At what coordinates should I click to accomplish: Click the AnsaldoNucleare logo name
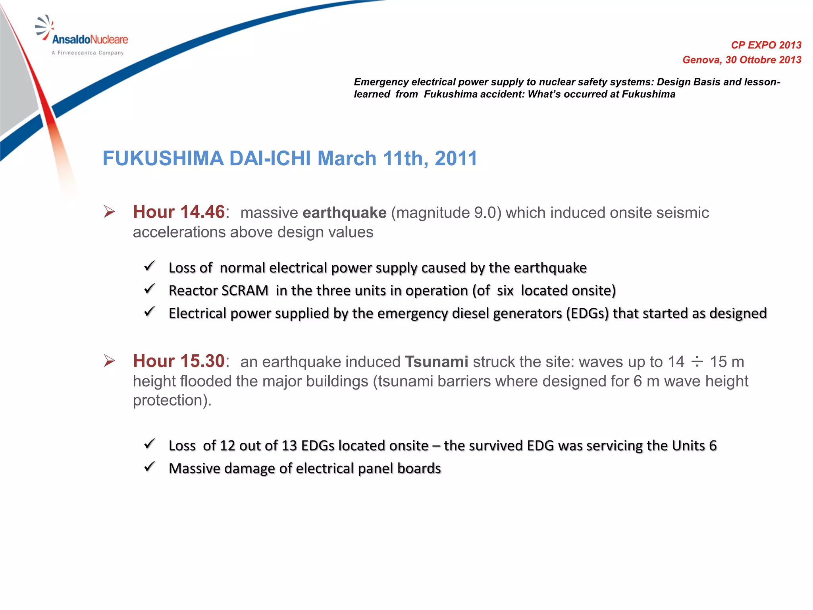[x=90, y=39]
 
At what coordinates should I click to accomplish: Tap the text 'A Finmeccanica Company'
[x=88, y=53]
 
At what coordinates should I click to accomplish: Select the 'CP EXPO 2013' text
[x=766, y=45]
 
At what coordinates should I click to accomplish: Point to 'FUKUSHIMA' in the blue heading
[x=163, y=158]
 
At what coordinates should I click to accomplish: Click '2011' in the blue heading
[x=456, y=158]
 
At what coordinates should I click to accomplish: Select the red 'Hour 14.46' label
[x=179, y=212]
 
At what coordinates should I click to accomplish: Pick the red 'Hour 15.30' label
[x=179, y=361]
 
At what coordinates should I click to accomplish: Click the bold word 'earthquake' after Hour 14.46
[x=344, y=213]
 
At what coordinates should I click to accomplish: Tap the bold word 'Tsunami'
[x=436, y=362]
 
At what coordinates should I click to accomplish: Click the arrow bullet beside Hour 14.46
[x=109, y=211]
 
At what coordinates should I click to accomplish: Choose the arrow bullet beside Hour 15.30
[x=109, y=361]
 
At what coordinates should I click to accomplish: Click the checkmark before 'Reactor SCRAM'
[x=150, y=289]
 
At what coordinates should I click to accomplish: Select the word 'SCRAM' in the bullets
[x=245, y=291]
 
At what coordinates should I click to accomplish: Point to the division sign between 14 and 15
[x=697, y=362]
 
